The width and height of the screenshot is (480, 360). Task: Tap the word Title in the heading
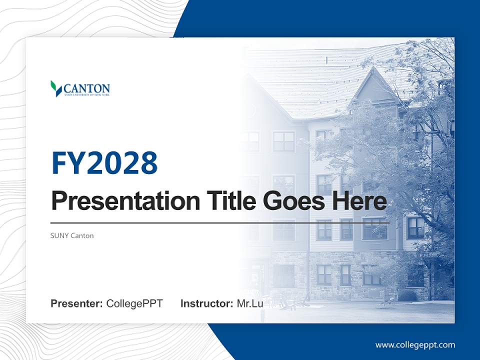228,201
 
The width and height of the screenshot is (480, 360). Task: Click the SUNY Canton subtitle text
72,235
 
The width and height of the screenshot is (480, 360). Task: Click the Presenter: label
77,303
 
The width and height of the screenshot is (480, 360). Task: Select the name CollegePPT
134,303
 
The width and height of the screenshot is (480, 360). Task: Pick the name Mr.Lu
250,303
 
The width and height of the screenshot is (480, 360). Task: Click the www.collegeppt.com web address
415,345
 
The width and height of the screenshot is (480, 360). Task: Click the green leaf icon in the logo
55,88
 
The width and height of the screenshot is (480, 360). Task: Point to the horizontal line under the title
220,222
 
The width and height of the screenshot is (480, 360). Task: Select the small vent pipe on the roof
326,60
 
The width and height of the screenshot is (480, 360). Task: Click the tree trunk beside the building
431,270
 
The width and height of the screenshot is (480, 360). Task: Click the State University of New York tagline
86,95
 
